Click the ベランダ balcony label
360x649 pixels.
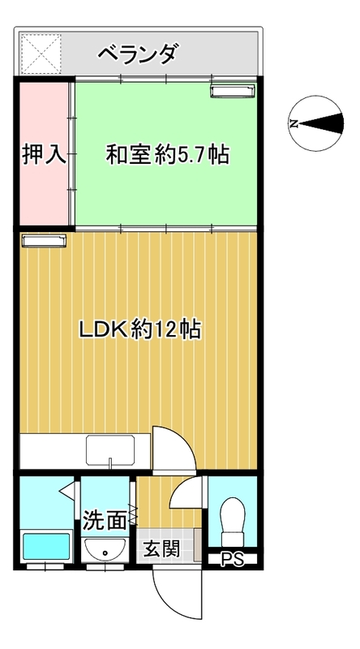point(139,54)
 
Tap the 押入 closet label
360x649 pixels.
point(44,154)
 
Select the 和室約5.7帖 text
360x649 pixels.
point(168,154)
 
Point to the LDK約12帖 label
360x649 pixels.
point(140,329)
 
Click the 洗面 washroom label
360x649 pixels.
point(105,520)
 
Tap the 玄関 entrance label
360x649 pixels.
point(162,549)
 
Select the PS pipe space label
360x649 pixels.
point(233,560)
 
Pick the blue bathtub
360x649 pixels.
point(46,546)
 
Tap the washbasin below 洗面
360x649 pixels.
point(105,550)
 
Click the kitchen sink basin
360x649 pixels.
point(110,450)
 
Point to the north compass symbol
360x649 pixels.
point(316,123)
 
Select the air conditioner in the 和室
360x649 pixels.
point(233,92)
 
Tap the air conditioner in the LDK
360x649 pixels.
point(45,240)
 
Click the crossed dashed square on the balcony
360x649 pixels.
point(41,54)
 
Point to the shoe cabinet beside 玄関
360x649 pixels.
point(198,544)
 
